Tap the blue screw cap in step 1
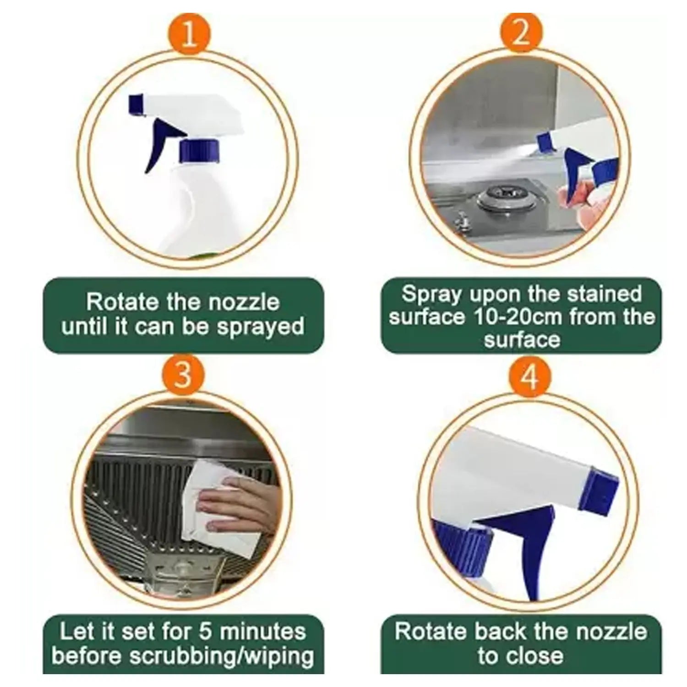point(199,151)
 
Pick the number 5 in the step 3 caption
point(207,632)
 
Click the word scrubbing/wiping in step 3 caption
point(222,656)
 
